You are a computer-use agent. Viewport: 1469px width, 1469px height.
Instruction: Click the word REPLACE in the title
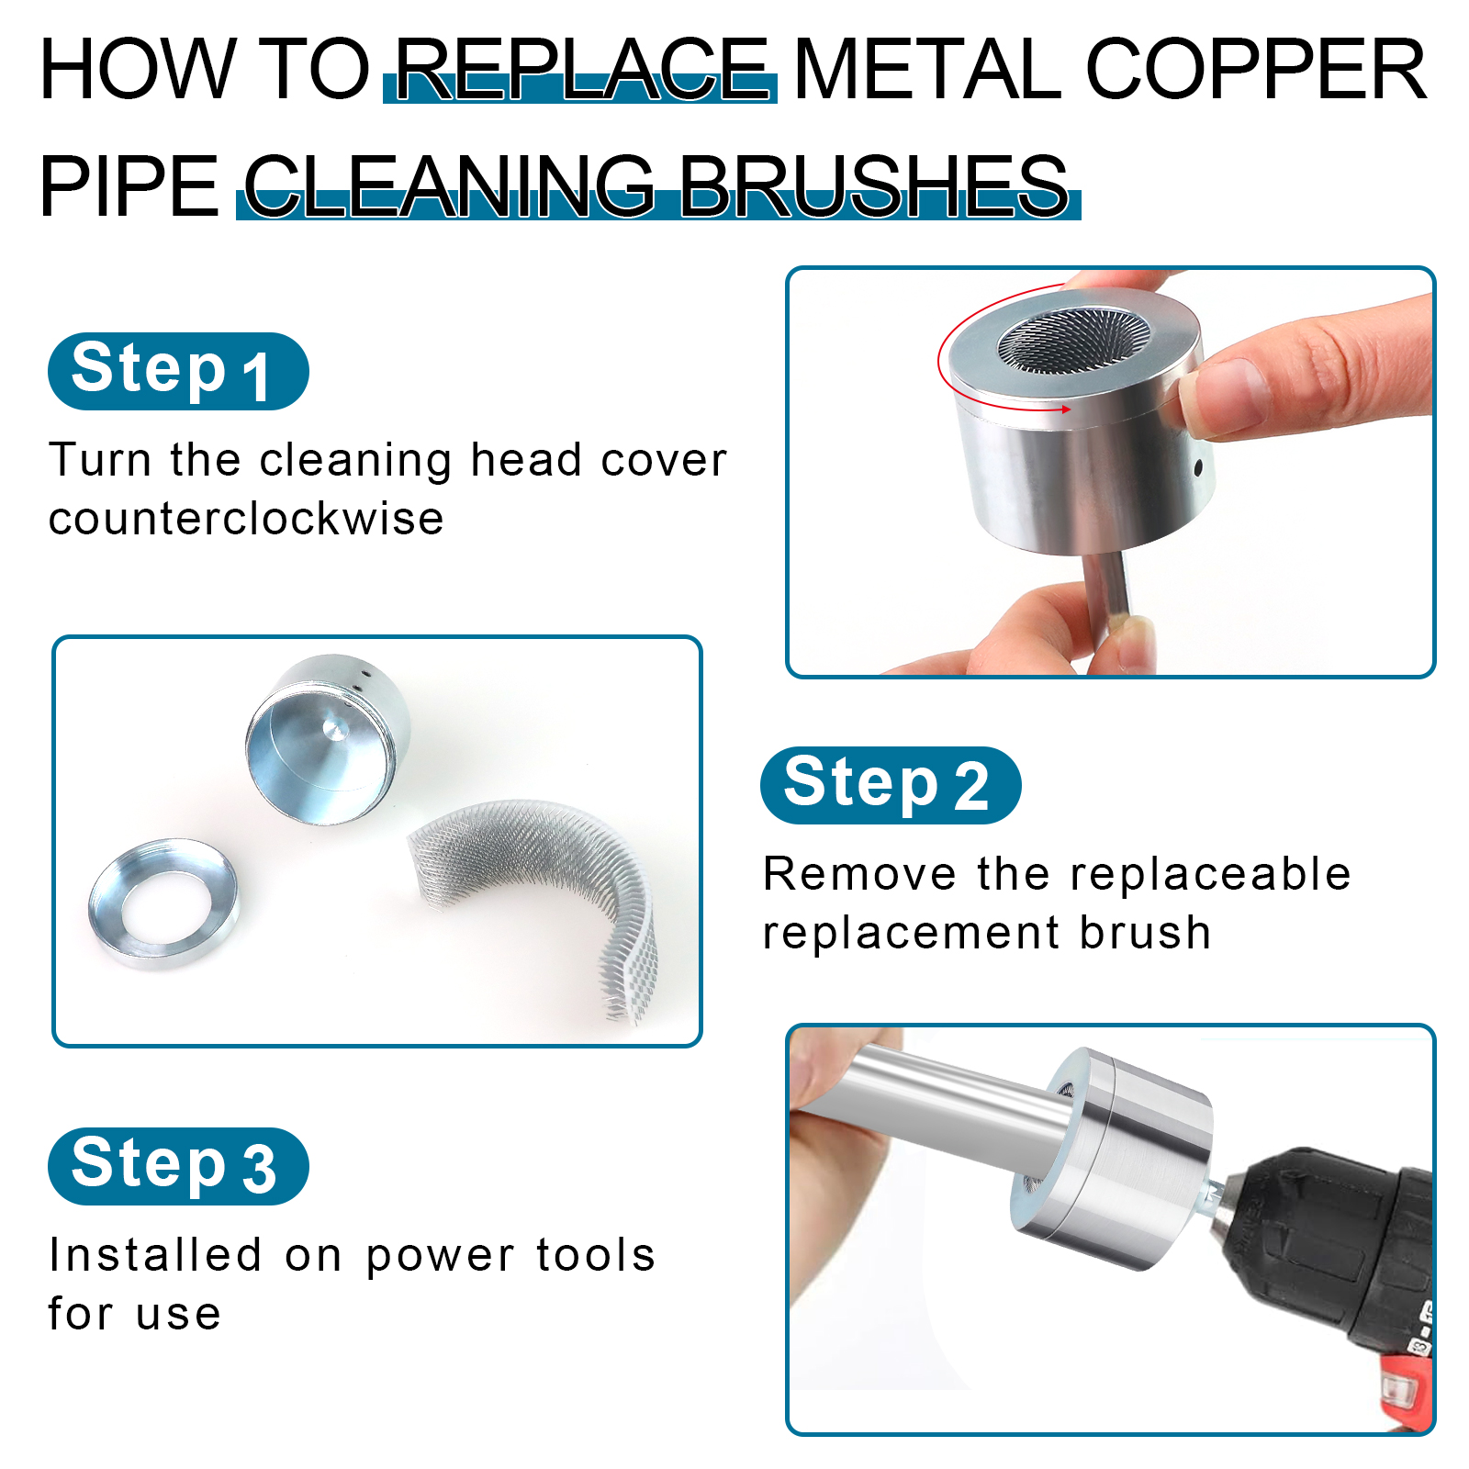[x=581, y=69]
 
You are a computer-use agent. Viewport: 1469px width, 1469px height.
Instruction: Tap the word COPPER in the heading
[x=1256, y=69]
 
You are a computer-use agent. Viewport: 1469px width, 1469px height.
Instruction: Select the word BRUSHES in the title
[x=873, y=185]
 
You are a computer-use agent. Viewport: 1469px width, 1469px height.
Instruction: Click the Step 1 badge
[x=178, y=371]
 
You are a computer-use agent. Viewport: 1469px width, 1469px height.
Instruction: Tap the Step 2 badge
[x=891, y=785]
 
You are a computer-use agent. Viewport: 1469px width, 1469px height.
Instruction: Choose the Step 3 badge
[x=178, y=1166]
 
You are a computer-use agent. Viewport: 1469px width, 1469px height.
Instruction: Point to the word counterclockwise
[x=246, y=519]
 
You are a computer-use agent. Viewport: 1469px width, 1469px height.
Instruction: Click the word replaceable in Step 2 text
[x=1164, y=873]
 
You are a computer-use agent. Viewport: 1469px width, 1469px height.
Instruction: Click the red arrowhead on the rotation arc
[x=1064, y=409]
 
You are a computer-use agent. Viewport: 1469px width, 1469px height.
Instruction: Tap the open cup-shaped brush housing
[x=328, y=738]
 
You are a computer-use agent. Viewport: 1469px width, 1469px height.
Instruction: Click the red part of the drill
[x=1405, y=1386]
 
